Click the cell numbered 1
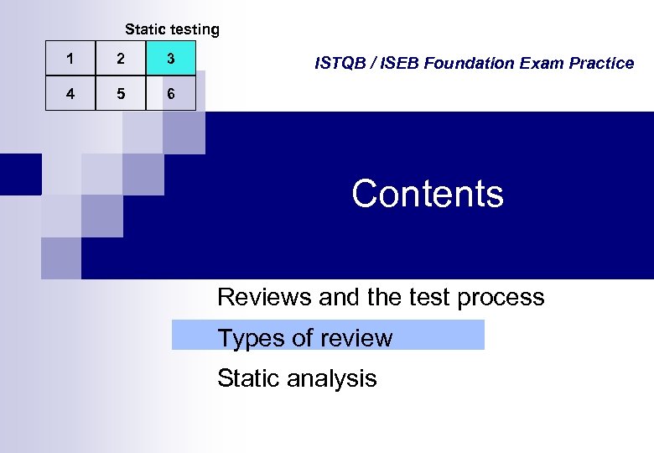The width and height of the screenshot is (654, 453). point(70,59)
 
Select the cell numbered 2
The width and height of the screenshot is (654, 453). point(121,59)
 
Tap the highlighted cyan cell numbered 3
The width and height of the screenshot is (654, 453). point(171,59)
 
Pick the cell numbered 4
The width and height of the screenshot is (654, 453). point(70,94)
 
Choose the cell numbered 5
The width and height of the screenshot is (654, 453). point(121,94)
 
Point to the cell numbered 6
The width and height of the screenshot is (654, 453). point(171,94)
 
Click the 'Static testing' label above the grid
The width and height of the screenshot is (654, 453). point(172,29)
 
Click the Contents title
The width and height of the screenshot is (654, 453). point(428,194)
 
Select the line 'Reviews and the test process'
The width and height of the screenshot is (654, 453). point(381,297)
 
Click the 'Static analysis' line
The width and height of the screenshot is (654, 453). point(297,378)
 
